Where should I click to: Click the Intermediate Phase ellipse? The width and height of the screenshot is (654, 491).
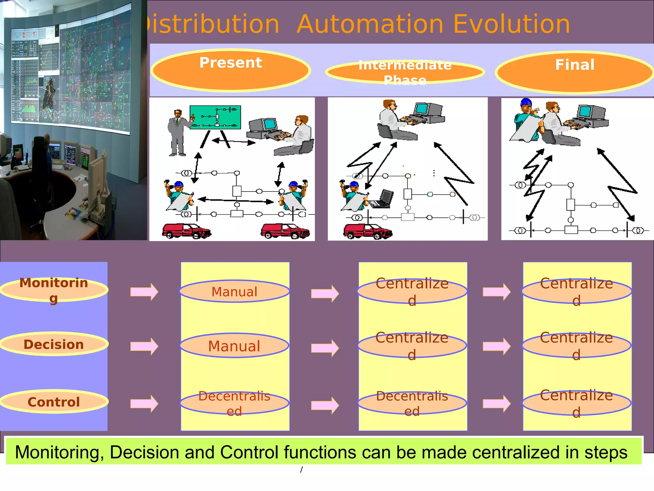click(405, 72)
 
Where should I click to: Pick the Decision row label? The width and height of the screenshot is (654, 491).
click(54, 344)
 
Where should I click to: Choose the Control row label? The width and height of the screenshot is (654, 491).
click(54, 402)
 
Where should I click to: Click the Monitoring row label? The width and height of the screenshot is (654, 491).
click(54, 289)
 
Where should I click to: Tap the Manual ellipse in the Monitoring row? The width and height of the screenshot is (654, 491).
click(234, 292)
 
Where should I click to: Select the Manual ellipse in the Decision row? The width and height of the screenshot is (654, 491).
click(234, 346)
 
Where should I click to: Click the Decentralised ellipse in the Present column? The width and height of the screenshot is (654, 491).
click(234, 403)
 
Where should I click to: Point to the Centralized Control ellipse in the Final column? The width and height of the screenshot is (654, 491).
click(576, 403)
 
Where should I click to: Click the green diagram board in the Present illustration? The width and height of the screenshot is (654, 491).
click(215, 117)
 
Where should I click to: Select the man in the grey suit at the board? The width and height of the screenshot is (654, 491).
click(178, 133)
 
